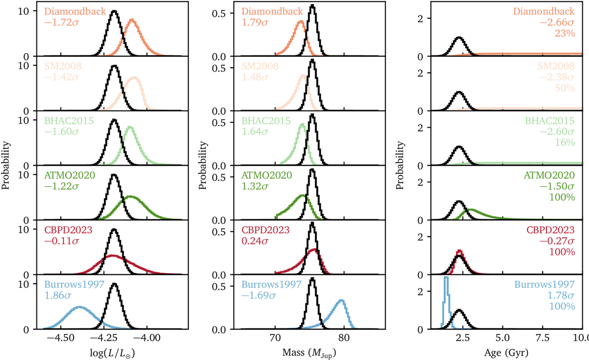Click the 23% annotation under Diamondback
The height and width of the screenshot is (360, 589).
click(565, 34)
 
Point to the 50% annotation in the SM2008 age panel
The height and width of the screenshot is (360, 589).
click(565, 88)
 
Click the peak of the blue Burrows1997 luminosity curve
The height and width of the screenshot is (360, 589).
click(79, 307)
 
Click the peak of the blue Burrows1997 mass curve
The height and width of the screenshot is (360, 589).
click(341, 301)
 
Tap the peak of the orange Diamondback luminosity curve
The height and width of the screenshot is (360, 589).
click(131, 20)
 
